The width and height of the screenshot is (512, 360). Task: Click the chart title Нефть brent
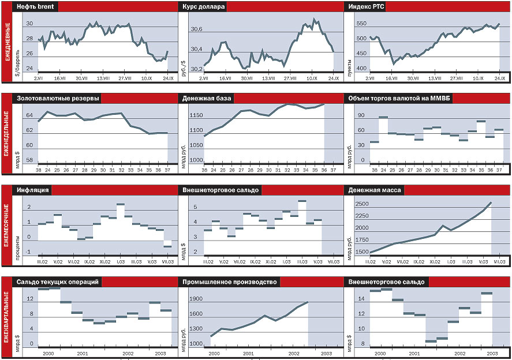[35, 6]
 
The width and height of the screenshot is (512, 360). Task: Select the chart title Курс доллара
[203, 6]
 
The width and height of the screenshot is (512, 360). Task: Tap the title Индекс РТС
[368, 6]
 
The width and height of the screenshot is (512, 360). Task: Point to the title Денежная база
[207, 98]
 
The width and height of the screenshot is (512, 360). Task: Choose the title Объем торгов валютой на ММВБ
[399, 98]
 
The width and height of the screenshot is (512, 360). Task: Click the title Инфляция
[33, 190]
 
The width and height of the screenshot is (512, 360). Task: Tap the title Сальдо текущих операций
[58, 282]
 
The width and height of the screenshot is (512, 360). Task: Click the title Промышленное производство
[229, 282]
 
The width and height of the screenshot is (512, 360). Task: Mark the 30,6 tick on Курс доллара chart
[197, 29]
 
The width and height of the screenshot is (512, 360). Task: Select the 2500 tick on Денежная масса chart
[362, 204]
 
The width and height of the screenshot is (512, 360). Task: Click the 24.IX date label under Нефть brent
[167, 77]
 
